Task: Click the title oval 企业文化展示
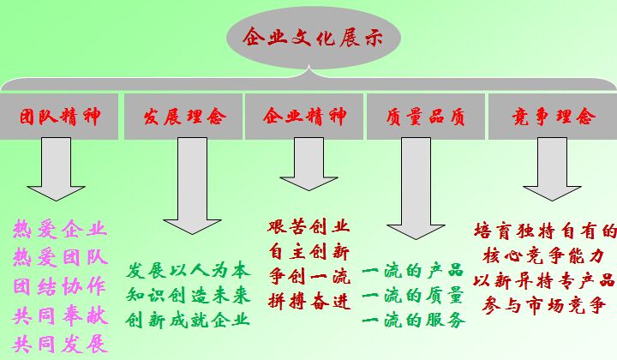click(x=308, y=37)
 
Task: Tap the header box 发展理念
click(x=183, y=117)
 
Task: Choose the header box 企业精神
click(x=304, y=117)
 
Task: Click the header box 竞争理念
click(x=552, y=117)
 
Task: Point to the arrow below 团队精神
click(x=58, y=176)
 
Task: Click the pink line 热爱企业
click(x=60, y=229)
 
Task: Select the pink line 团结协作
click(x=60, y=287)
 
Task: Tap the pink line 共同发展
click(x=60, y=345)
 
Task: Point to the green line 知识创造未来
click(x=189, y=295)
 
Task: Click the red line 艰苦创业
click(x=308, y=227)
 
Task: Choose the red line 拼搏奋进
click(x=308, y=303)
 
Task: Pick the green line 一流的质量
click(x=413, y=297)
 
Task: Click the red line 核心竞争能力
click(x=544, y=255)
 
